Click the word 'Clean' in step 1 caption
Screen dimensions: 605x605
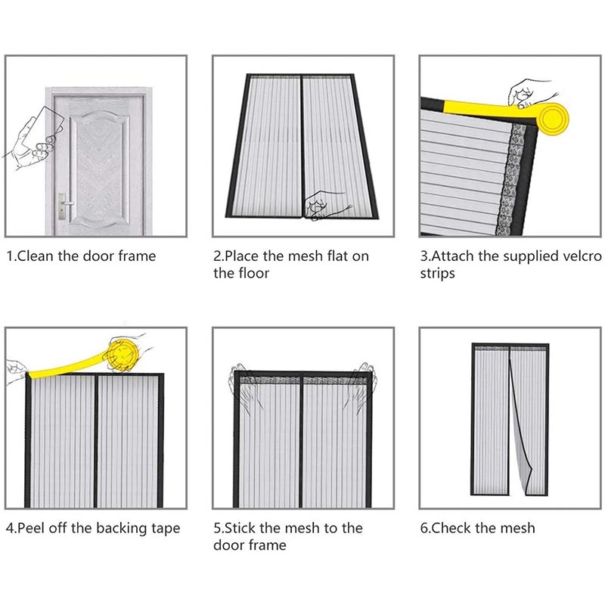(x=36, y=256)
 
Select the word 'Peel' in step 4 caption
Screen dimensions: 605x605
(x=31, y=528)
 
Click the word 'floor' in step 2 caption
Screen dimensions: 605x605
(x=254, y=273)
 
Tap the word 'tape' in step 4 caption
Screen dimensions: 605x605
(x=166, y=529)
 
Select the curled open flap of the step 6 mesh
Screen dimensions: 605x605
(x=521, y=428)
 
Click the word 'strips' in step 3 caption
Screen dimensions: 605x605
(x=438, y=274)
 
